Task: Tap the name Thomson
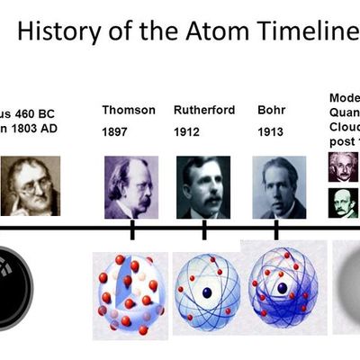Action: (129, 111)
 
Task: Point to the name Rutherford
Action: (203, 111)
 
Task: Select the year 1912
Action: (187, 132)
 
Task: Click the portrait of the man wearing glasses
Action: (30, 186)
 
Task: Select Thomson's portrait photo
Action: (130, 187)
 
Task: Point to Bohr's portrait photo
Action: (278, 187)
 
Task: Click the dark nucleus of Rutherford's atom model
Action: (206, 292)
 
